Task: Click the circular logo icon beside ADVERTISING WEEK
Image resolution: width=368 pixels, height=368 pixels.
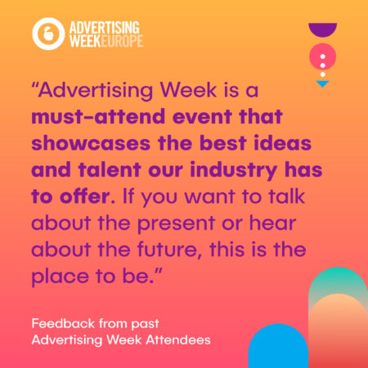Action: click(46, 33)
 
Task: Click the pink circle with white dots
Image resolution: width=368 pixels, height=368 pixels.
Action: click(323, 57)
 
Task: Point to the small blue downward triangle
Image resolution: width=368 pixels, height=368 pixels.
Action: click(322, 84)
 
